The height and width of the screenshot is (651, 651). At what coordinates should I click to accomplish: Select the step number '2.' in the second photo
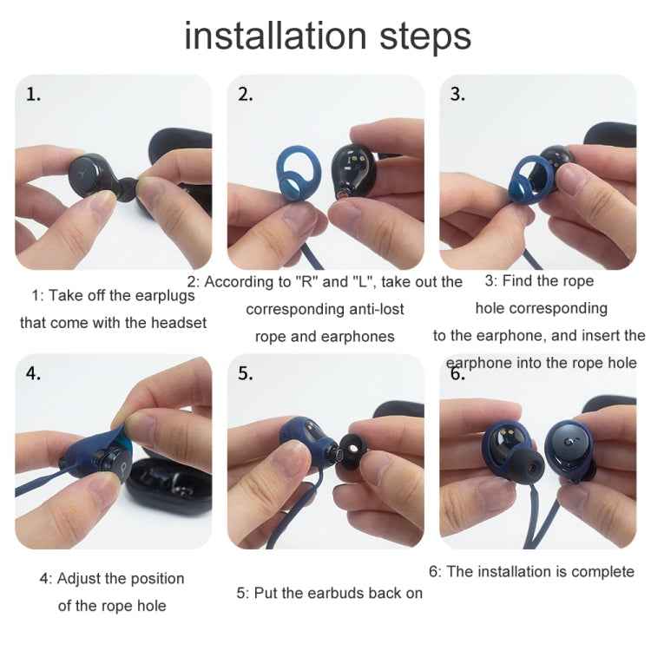[x=246, y=95]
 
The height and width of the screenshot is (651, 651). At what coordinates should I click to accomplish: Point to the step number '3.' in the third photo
[x=457, y=95]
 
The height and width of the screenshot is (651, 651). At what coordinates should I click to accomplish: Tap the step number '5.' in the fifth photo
[x=246, y=374]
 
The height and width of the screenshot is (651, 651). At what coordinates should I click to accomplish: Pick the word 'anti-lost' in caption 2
[x=368, y=309]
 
